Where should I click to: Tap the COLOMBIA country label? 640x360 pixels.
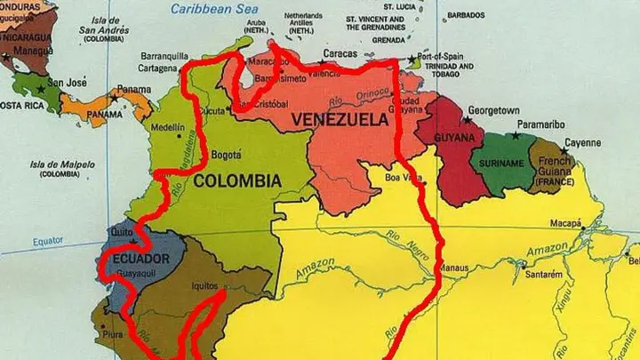tap(237, 181)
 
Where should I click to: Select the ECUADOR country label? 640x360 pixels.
tap(141, 259)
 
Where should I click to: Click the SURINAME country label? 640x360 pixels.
tap(503, 164)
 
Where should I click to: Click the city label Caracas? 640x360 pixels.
tap(340, 53)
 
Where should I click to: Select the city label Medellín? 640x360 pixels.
tap(168, 127)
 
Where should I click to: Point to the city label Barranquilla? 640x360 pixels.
tap(167, 54)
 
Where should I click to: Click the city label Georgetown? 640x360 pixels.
tap(493, 109)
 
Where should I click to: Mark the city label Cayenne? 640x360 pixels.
tap(584, 142)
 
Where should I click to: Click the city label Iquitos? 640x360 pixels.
tap(205, 286)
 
